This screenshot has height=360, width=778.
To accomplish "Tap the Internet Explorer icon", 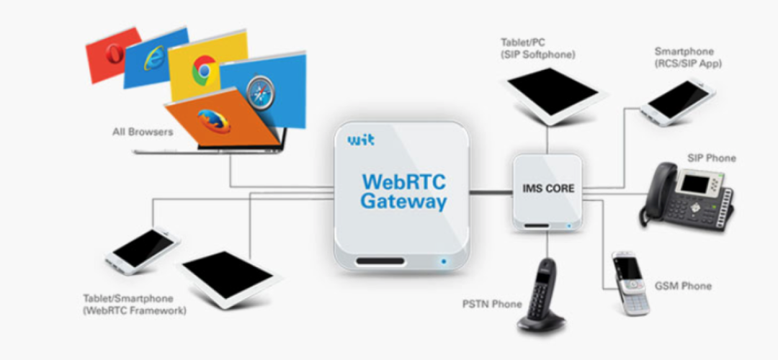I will point(155,58).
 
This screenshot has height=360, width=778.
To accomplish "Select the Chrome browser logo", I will point(204,70).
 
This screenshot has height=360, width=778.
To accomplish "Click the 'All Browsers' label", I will point(143,132).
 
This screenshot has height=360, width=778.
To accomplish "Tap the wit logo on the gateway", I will point(360,140).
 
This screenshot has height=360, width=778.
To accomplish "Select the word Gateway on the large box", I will point(403,201).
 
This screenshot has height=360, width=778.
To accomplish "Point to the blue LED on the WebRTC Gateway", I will point(444,261).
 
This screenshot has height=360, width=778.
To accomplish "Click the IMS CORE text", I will point(548,189).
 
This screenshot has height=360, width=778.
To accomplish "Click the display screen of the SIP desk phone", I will point(695,183).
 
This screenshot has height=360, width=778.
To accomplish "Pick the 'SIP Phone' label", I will point(712,158).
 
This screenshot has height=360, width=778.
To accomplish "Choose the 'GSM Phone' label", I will point(684,286).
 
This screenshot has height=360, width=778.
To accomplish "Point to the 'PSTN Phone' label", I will point(491,304).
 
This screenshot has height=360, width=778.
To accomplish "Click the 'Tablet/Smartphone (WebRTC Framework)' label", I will point(135,305).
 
